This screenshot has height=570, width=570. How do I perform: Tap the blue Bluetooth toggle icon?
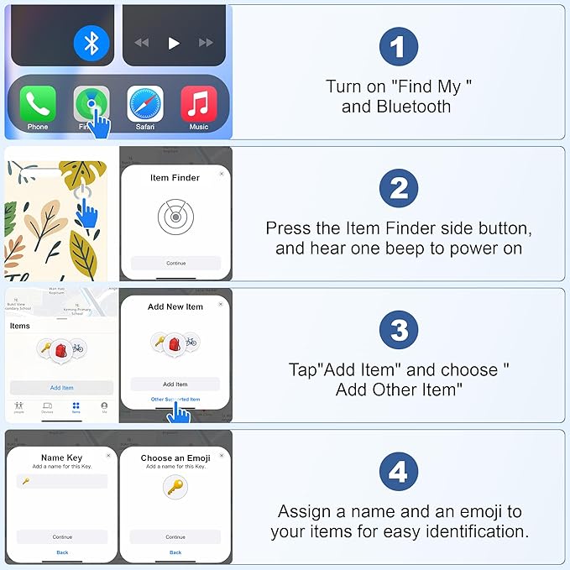point(92,43)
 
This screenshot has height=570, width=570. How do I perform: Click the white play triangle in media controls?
point(174,43)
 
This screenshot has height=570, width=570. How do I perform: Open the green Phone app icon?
point(38,104)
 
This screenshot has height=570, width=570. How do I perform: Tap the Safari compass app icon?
point(144,104)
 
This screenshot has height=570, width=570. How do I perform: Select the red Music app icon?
point(199,104)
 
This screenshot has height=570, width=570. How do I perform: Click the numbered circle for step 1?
point(398,46)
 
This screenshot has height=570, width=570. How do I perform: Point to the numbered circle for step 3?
point(398,331)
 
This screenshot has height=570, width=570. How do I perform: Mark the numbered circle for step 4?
point(398,473)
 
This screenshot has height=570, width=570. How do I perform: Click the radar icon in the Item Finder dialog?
point(175,217)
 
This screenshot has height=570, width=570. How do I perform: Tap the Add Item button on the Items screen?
point(61,388)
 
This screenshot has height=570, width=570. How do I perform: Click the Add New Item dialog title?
point(175,307)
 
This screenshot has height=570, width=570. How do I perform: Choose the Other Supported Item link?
point(175,400)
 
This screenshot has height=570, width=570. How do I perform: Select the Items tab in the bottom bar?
point(76,407)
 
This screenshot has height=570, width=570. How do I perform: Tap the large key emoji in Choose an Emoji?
point(175,487)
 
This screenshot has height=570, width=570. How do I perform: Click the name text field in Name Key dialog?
point(62,481)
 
